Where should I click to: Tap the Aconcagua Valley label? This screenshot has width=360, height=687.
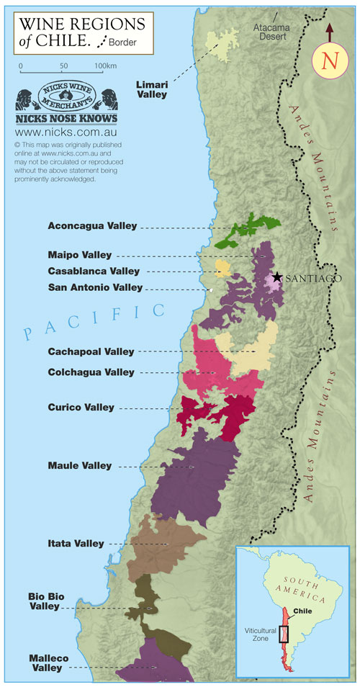[92, 225]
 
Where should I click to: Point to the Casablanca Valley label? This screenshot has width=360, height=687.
[94, 271]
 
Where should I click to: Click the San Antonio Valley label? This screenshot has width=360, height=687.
[95, 287]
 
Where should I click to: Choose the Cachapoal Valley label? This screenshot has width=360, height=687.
[91, 351]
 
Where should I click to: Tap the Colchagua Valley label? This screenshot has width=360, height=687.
[91, 372]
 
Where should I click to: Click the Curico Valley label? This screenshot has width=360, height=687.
[81, 408]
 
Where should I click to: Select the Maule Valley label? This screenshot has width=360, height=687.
[81, 466]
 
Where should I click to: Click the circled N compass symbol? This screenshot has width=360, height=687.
[330, 60]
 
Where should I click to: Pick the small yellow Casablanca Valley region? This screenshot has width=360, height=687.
[223, 269]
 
